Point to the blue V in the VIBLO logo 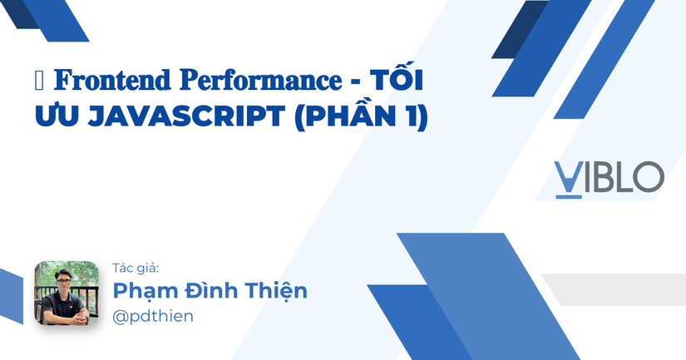[568, 175]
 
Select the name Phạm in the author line [141, 291]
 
